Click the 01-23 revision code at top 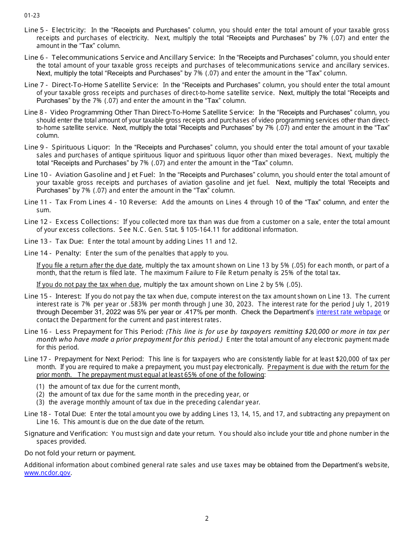click(32, 15)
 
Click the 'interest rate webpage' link click(349, 312)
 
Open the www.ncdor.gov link click(47, 473)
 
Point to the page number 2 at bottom click(207, 518)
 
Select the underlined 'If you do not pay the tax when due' click(88, 285)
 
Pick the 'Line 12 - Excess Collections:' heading click(71, 222)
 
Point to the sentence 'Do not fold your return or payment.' click(80, 453)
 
